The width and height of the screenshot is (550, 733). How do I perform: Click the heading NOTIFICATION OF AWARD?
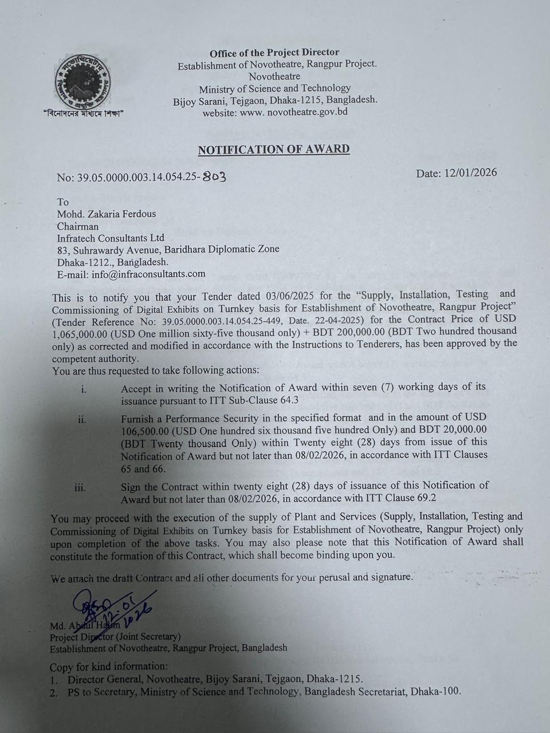coord(274,149)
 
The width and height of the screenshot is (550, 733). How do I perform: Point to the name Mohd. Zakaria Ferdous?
coord(107,214)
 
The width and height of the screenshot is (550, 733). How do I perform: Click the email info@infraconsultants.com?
coord(148,273)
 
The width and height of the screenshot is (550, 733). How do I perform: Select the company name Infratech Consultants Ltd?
coord(111,238)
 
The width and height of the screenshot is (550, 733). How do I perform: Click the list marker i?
coord(84,389)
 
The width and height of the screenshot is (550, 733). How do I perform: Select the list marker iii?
coord(80,488)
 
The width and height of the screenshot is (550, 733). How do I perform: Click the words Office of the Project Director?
coord(274,53)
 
